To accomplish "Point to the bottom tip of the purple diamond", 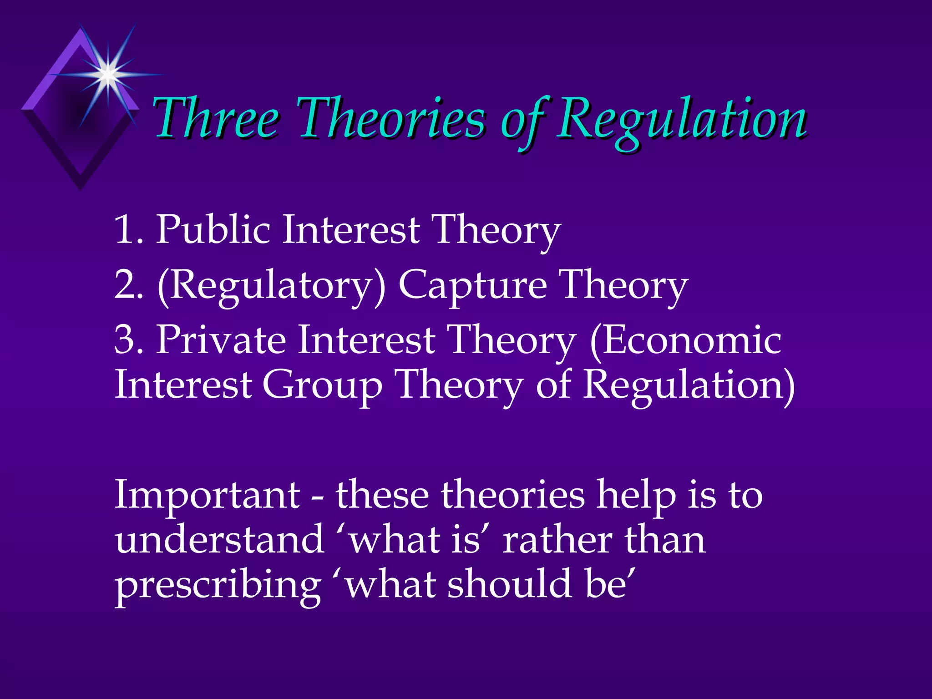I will tap(81, 188).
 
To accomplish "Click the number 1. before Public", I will tap(129, 230).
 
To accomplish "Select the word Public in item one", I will tap(213, 230).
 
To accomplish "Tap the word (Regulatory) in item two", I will tap(271, 285).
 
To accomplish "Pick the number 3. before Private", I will tap(129, 340).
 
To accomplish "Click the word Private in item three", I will tap(221, 340).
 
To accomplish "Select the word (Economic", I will tap(685, 340).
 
